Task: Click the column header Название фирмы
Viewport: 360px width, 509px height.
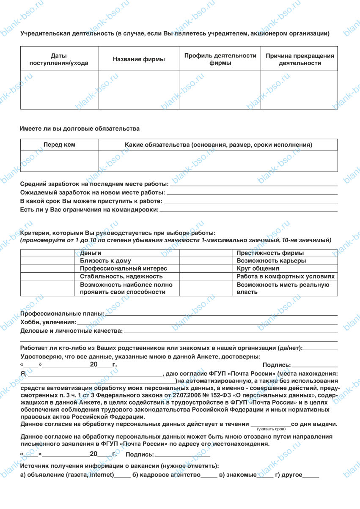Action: point(139,60)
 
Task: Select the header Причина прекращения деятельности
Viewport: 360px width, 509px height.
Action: point(300,60)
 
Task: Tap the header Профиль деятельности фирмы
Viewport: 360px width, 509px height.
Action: point(220,60)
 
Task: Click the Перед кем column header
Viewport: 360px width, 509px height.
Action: point(59,145)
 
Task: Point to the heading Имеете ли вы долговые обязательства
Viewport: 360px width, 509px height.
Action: point(80,128)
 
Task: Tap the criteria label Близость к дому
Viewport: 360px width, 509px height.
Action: point(105,261)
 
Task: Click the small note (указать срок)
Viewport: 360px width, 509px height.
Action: point(271,429)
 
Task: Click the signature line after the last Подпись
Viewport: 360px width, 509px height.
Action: point(182,456)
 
